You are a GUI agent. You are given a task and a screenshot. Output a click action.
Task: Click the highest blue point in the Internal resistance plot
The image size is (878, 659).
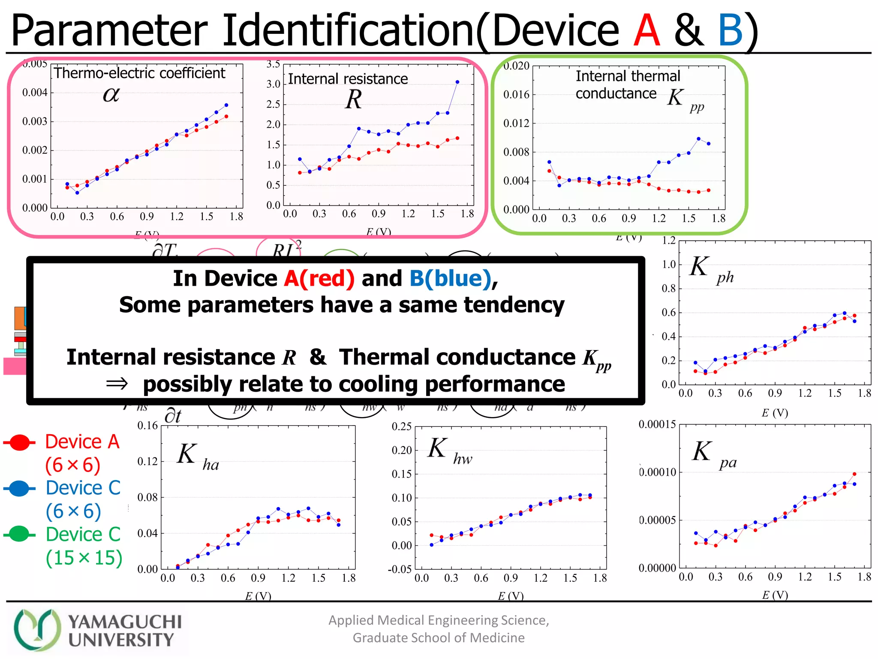click(457, 82)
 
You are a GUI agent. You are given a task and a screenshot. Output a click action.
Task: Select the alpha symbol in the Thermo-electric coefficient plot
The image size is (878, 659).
click(111, 94)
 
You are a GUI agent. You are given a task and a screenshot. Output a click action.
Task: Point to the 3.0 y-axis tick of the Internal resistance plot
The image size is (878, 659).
click(273, 84)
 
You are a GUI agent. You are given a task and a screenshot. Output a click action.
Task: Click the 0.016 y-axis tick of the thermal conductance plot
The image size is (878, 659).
click(516, 94)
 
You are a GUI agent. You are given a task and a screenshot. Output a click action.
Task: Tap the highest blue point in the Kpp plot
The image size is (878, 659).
click(699, 139)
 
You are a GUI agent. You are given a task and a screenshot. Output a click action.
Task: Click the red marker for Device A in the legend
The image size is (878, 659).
click(19, 442)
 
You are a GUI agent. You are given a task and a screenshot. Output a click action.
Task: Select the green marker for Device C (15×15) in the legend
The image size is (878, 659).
click(19, 534)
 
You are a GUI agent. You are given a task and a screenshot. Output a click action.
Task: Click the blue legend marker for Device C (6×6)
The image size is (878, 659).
click(19, 488)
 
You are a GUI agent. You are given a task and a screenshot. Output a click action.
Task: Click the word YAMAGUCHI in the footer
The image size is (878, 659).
click(125, 622)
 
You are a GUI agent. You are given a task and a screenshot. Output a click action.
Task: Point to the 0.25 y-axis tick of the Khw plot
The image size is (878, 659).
click(402, 426)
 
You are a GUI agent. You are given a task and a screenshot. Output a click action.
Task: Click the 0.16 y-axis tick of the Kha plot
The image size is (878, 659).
click(147, 426)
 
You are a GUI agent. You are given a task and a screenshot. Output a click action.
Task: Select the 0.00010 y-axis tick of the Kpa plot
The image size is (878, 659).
click(657, 472)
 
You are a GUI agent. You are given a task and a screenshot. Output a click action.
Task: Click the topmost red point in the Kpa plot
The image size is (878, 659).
click(854, 474)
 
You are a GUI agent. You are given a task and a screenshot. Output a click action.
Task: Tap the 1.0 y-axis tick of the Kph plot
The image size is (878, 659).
click(669, 264)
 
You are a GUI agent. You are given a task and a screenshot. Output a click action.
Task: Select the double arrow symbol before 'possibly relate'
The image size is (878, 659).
click(117, 384)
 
